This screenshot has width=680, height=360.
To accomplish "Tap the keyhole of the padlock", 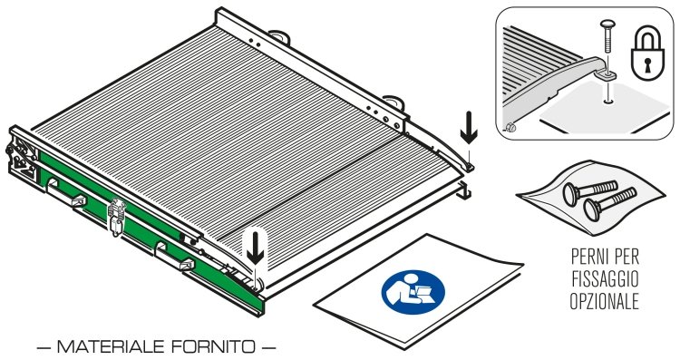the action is (x=647, y=63).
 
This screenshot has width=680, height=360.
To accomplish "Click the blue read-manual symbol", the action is (x=413, y=292).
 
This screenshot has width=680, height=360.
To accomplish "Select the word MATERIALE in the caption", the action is (x=110, y=346).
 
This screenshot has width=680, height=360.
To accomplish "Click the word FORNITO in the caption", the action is (x=213, y=346).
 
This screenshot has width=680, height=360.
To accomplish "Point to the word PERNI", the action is (x=588, y=257).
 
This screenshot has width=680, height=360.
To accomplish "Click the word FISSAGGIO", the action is (x=605, y=279).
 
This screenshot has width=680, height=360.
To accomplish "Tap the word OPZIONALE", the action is (x=605, y=301).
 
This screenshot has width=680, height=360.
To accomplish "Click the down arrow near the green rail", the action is (x=255, y=248).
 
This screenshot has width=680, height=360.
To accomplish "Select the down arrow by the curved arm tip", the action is (x=469, y=128).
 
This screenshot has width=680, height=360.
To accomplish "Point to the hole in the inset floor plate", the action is (x=608, y=102).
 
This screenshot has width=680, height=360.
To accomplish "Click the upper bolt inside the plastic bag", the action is (x=590, y=191).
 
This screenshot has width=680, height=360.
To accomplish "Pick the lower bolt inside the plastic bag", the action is (x=609, y=205).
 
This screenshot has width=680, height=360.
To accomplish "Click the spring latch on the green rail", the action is (x=116, y=217).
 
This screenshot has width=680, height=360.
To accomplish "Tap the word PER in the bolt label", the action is (x=624, y=257).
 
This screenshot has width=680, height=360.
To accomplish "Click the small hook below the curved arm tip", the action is (x=464, y=190).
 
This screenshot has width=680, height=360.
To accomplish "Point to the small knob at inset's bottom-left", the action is (x=510, y=128).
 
